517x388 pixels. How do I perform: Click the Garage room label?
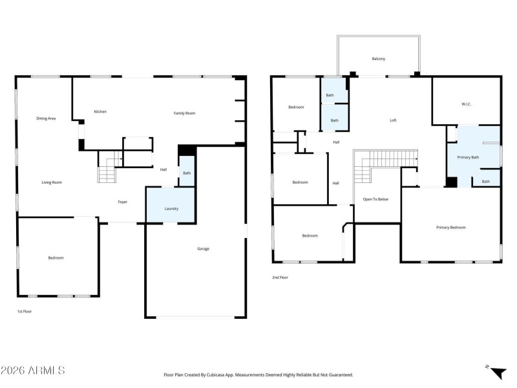click(x=203, y=249)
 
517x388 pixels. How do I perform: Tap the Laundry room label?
click(x=171, y=209)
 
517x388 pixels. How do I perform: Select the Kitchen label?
click(x=100, y=112)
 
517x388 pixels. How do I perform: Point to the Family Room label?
click(x=184, y=113)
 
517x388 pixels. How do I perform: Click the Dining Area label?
click(x=46, y=118)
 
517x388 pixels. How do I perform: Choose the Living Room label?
click(x=52, y=182)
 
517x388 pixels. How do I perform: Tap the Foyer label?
click(x=122, y=202)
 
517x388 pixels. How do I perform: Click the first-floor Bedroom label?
click(x=56, y=258)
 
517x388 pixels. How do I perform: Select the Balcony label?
click(x=379, y=59)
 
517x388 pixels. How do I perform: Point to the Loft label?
click(x=393, y=120)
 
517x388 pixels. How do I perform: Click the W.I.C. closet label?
click(x=466, y=103)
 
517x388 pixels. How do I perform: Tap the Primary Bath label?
click(x=468, y=157)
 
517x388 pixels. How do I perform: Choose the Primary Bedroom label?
click(x=450, y=227)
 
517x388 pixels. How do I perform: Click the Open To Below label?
click(x=375, y=199)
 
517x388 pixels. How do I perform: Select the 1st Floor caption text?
click(x=24, y=312)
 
